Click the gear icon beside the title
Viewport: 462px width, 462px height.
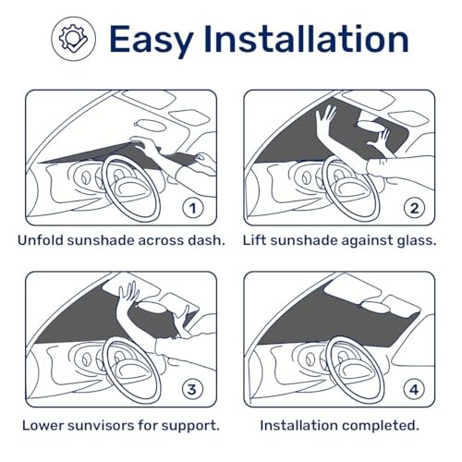tap(73, 39)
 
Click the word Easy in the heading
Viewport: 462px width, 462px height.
tap(151, 40)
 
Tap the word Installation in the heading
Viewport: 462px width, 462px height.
tap(306, 39)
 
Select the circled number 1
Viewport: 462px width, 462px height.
tap(193, 209)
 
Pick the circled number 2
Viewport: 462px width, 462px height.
tap(415, 209)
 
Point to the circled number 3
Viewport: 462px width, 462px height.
tap(192, 390)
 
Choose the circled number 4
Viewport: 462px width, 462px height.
tap(414, 390)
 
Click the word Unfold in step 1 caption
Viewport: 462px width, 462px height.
tap(41, 240)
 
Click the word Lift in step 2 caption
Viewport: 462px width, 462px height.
tap(254, 240)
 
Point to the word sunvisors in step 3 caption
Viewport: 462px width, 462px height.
tap(100, 426)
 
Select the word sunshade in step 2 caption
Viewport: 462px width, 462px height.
tap(303, 240)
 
